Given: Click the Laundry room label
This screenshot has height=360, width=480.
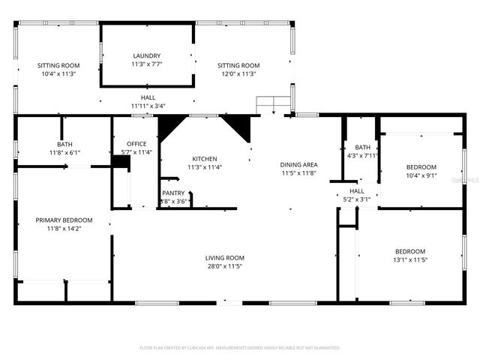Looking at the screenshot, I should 146,56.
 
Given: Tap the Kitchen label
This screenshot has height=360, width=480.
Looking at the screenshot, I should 205,159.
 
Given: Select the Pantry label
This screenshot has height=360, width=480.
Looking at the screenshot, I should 173,193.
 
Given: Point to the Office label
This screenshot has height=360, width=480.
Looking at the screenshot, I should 136,144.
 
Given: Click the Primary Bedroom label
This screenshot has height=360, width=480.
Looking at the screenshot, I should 64,220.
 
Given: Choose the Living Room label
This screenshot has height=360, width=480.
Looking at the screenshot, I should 225,258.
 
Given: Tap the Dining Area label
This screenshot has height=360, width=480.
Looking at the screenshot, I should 299,165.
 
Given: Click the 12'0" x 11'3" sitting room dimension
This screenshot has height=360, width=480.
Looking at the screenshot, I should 238,74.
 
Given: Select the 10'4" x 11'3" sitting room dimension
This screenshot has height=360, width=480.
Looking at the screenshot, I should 58,74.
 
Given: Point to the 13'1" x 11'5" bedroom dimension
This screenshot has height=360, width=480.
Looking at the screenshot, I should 410,259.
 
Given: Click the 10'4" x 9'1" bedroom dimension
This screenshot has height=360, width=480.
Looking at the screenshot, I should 421,176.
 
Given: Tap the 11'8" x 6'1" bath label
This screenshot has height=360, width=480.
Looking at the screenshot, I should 64,152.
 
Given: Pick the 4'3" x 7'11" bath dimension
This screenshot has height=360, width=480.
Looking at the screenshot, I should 363,155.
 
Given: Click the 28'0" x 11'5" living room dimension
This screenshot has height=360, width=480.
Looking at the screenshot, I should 225,266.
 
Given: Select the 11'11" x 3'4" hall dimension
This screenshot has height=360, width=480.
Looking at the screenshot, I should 148,106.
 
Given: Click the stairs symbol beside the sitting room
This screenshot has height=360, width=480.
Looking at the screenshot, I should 273,105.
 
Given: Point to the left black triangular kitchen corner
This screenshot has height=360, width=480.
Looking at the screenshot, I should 168,125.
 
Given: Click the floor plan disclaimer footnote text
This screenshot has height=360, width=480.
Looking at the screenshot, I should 240,348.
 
